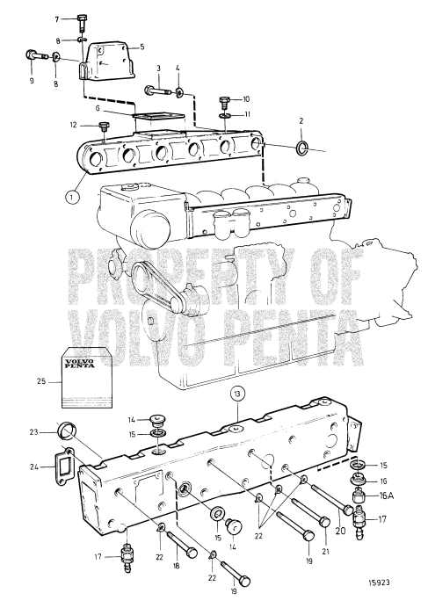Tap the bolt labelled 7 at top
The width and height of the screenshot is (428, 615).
pyautogui.click(x=82, y=20)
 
